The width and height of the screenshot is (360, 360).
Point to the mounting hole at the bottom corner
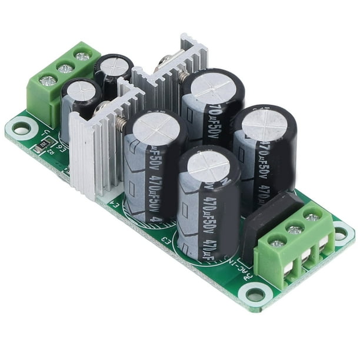255,292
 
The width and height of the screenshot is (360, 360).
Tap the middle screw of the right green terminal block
295,229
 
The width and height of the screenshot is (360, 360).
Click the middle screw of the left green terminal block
65,69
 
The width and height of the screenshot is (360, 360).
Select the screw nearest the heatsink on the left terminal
82,57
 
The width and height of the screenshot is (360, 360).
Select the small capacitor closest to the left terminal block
82,91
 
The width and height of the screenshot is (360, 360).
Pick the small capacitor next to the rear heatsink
114,66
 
